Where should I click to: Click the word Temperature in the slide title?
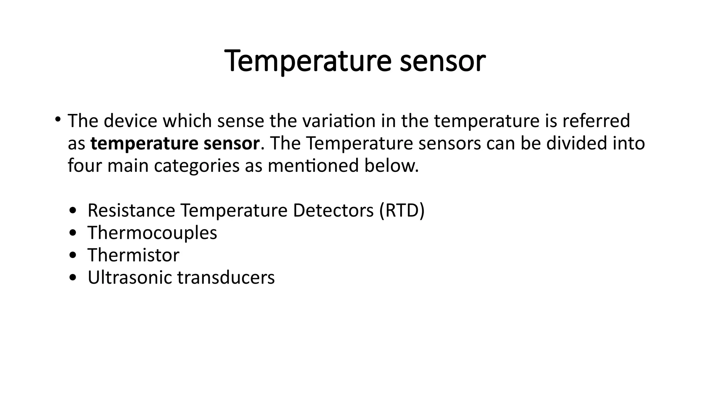(308, 61)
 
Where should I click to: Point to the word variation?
(339, 121)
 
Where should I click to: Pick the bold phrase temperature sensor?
(175, 143)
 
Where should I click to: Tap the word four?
(85, 166)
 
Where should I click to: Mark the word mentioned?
(313, 166)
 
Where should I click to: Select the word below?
(392, 166)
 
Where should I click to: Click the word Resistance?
(131, 210)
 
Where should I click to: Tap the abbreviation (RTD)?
(402, 210)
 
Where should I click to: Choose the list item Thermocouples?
(152, 233)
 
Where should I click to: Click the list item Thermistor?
(133, 255)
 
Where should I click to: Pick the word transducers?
(226, 277)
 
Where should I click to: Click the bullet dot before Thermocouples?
(73, 234)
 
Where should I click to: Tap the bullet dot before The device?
(58, 120)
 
